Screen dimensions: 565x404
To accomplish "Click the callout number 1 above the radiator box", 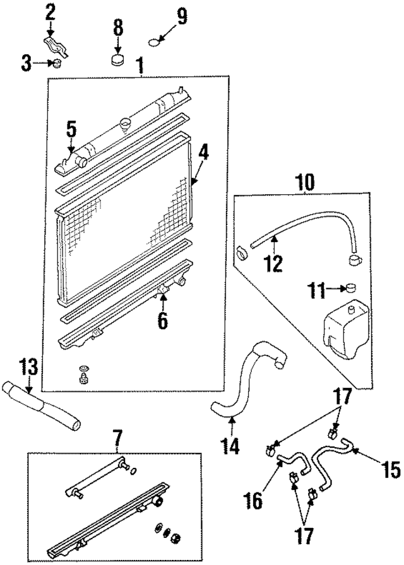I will tap(140, 64).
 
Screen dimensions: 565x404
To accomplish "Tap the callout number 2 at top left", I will tap(50, 11).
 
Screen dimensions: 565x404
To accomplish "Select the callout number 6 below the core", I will tap(162, 320).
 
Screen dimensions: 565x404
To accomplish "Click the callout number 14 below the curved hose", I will tap(230, 446).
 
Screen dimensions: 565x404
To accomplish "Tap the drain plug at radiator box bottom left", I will tap(82, 378).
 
